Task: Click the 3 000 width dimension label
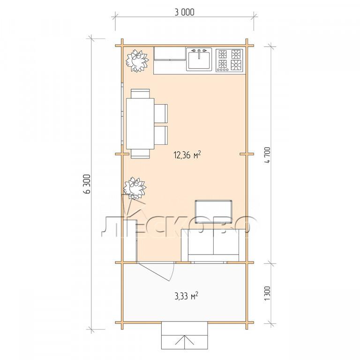click(184, 12)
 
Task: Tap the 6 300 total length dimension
click(88, 184)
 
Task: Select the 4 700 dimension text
click(268, 155)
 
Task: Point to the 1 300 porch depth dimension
click(268, 293)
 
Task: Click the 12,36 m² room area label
click(187, 155)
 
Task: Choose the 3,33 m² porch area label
click(187, 296)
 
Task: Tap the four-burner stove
click(229, 60)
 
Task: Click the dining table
click(140, 124)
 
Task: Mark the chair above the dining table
click(140, 94)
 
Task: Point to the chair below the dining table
click(140, 154)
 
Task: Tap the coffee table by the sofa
click(213, 212)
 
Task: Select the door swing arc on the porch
click(172, 272)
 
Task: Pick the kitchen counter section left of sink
click(170, 60)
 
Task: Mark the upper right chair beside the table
click(161, 113)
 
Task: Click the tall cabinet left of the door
click(130, 240)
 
